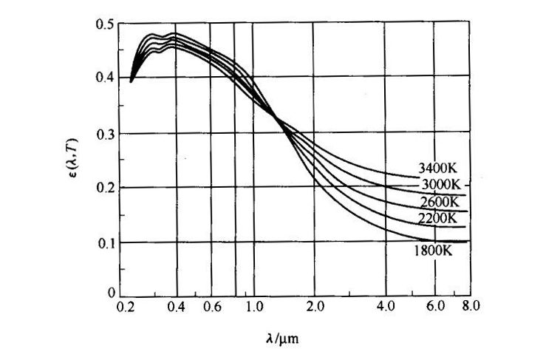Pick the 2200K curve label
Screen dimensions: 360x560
click(x=437, y=218)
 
